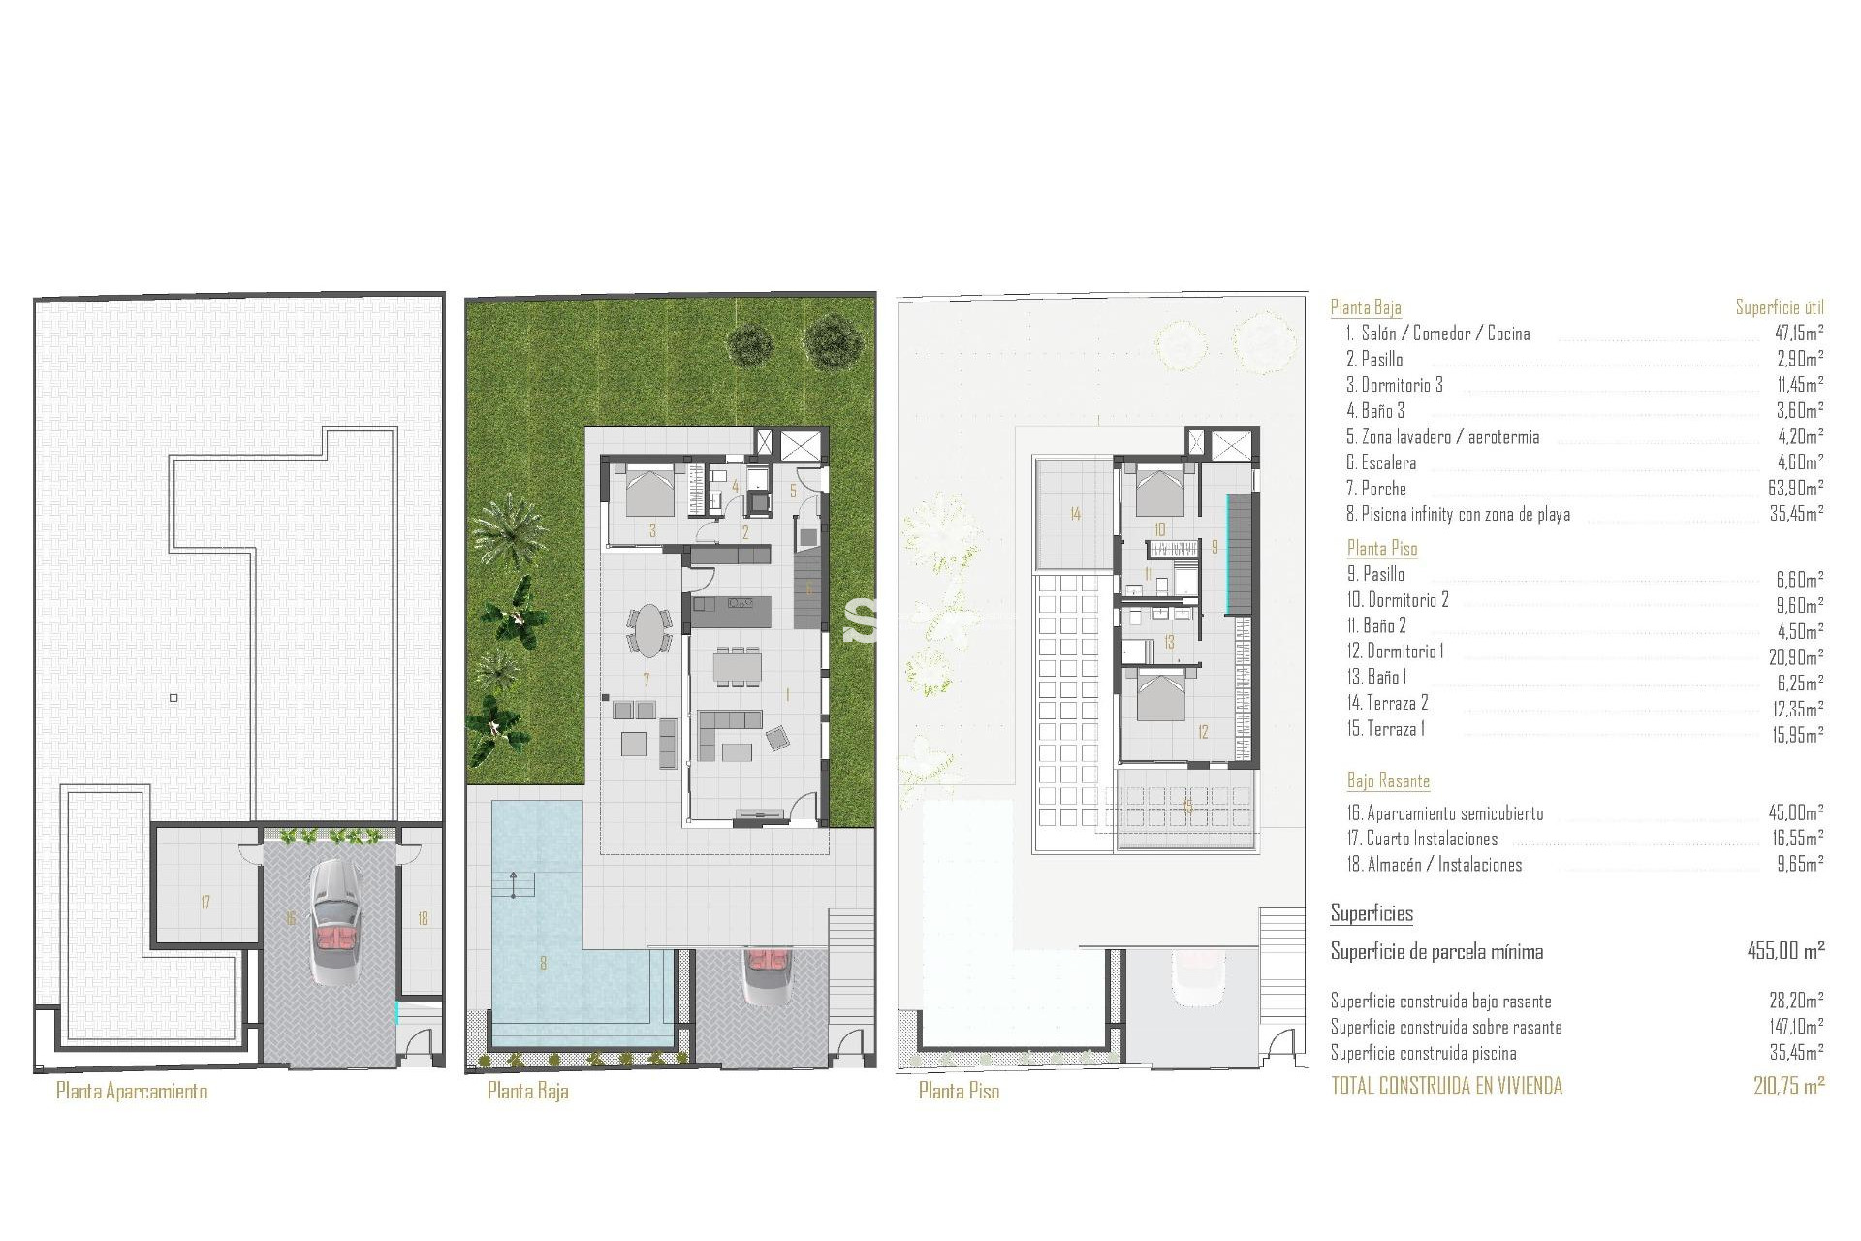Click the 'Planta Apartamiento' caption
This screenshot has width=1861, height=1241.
pos(132,1091)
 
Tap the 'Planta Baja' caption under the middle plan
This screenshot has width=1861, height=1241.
pos(527,1091)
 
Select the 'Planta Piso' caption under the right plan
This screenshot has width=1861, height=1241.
pos(959,1091)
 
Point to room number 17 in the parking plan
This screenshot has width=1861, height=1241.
pos(205,903)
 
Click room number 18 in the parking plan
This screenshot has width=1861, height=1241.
pos(423,918)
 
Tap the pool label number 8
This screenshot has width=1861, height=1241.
pos(544,963)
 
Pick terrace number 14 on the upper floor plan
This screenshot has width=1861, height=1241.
pos(1075,514)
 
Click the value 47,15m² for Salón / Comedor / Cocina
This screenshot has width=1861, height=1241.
pos(1799,334)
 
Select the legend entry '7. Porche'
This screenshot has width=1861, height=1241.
pos(1375,489)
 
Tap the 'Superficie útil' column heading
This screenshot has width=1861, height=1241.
pos(1780,307)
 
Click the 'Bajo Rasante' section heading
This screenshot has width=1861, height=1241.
pos(1388,780)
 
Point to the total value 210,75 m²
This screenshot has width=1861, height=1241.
pos(1788,1086)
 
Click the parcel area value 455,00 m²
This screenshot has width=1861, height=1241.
pos(1785,951)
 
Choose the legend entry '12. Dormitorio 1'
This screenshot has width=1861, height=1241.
pos(1395,652)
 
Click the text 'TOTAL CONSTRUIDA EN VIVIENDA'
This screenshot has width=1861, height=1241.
pos(1446,1086)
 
